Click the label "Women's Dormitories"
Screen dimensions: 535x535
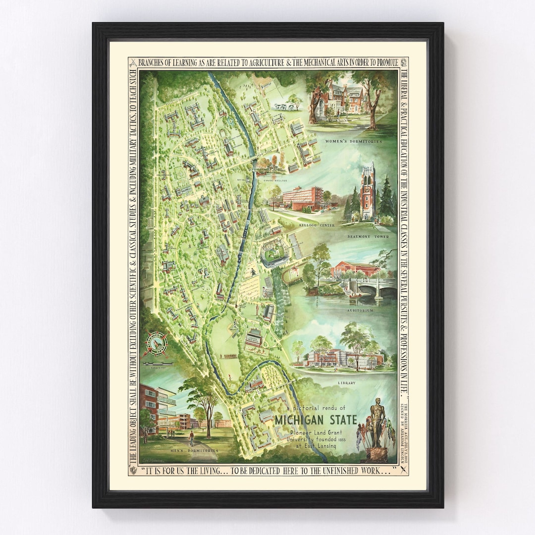pyautogui.click(x=354, y=141)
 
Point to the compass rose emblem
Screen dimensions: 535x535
pyautogui.click(x=155, y=344)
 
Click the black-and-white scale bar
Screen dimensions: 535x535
pyautogui.click(x=156, y=364)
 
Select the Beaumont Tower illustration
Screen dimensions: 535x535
pyautogui.click(x=368, y=191)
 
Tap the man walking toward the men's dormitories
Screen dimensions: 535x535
pyautogui.click(x=191, y=438)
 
